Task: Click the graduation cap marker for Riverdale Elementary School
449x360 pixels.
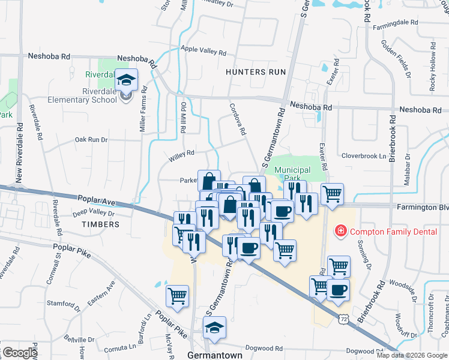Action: point(127,80)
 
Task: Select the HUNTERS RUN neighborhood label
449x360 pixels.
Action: point(256,72)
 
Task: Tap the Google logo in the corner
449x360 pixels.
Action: point(20,353)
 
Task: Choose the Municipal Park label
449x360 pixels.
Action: point(292,174)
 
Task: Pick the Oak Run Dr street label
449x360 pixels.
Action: point(91,140)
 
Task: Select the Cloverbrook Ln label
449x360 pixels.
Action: point(364,155)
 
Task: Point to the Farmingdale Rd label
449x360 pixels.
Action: point(394,22)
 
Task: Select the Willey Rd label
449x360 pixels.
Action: point(182,154)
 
